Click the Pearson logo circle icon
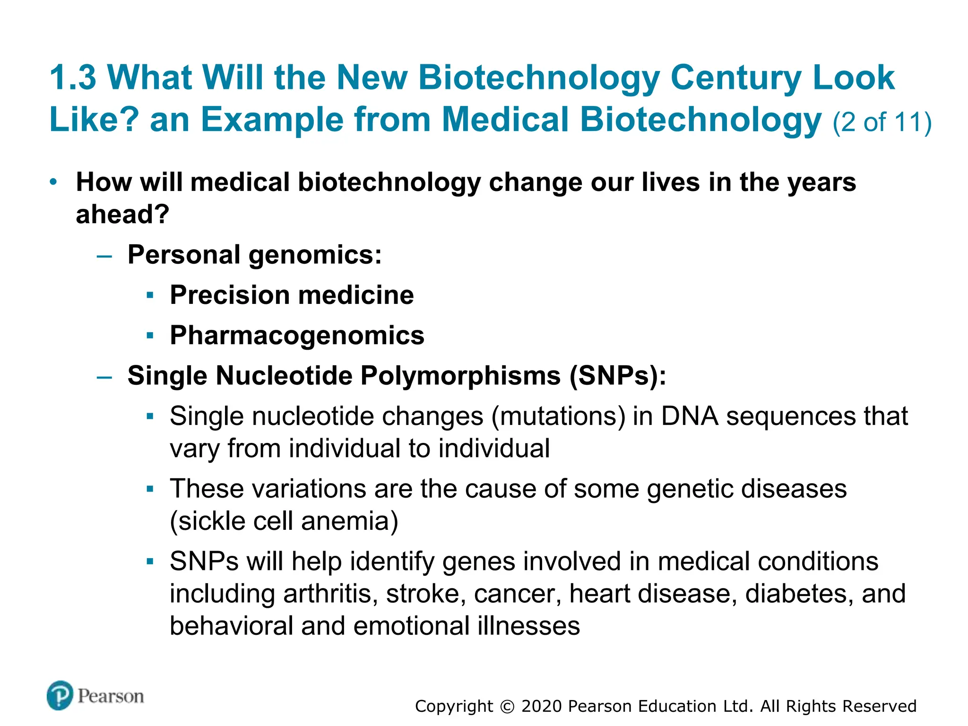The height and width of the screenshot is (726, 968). coord(60,695)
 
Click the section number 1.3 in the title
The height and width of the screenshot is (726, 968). coord(73,78)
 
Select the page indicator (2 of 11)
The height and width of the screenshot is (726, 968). coord(882,122)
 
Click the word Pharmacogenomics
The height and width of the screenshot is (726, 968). coord(297,336)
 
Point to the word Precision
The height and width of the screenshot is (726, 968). coord(230,295)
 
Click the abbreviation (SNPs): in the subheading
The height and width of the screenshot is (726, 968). coord(618,376)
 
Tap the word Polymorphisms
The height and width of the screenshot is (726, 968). coord(460,376)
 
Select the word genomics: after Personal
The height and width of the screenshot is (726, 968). coord(315,255)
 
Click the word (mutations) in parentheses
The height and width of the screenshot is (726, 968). coord(558,416)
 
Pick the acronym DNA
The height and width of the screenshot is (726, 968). coord(690,416)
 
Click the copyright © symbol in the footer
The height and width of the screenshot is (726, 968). coord(507,707)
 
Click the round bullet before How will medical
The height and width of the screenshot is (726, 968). coord(53,182)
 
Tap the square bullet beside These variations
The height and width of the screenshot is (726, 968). coord(150,489)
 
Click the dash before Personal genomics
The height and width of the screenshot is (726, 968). coord(104,256)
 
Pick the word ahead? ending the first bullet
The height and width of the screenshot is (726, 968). coord(122,215)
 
